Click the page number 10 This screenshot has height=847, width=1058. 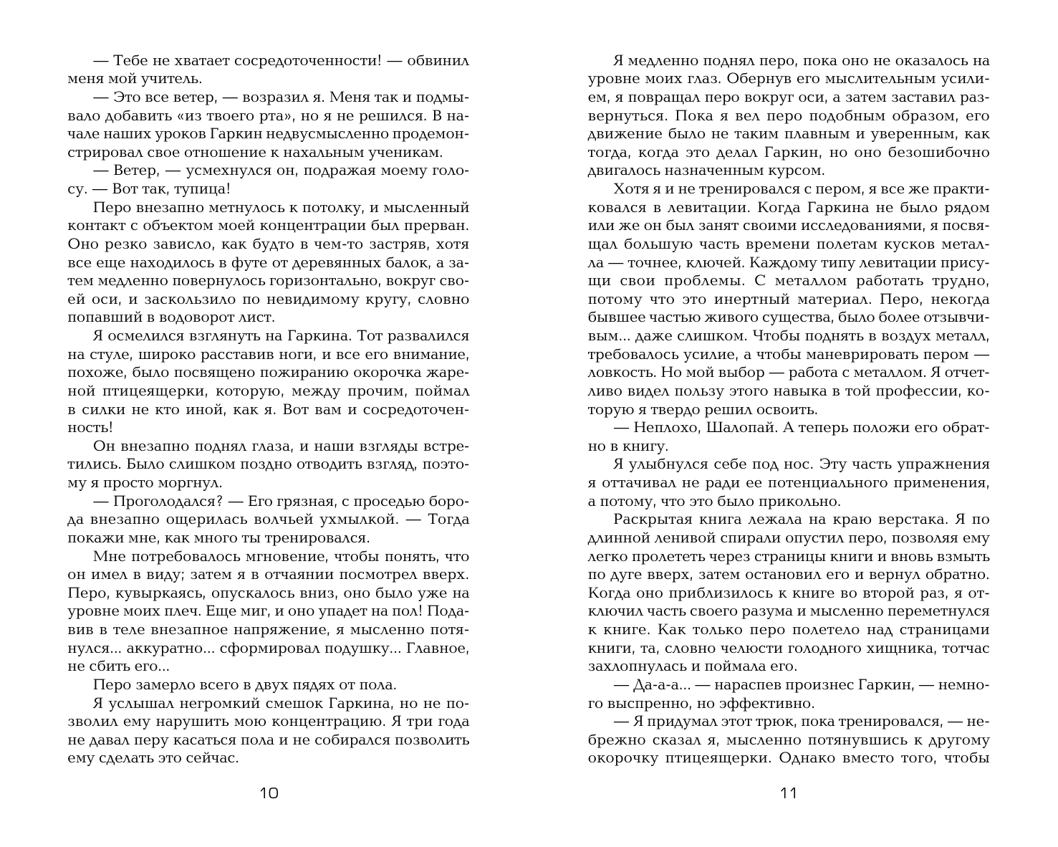coord(269,793)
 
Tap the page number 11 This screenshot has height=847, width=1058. coord(788,793)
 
